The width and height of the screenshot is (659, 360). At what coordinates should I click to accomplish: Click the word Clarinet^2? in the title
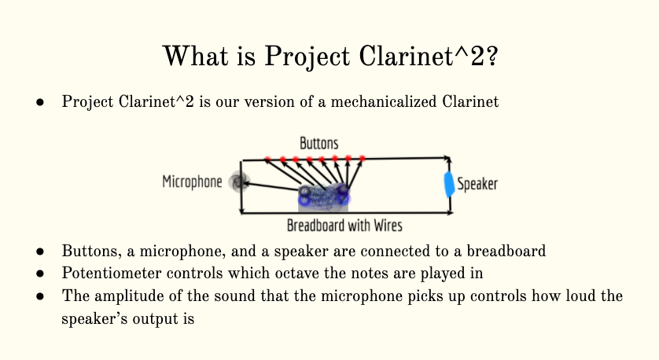[429, 56]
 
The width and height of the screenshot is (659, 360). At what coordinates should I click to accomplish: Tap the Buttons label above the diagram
[319, 143]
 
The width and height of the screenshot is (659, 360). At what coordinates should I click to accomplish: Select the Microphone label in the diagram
[192, 182]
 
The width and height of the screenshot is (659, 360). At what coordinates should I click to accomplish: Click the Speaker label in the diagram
[477, 184]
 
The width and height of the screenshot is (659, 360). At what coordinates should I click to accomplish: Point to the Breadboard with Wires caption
[344, 226]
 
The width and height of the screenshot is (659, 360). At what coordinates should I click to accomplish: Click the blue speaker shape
[449, 184]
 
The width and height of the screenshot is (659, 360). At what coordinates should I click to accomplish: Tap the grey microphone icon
[239, 182]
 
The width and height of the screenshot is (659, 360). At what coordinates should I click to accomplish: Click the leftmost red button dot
[267, 160]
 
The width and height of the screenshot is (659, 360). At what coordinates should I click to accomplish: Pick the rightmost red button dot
[363, 158]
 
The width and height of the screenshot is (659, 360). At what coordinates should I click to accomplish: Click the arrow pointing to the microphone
[271, 186]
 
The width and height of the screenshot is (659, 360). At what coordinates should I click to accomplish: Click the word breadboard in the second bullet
[506, 251]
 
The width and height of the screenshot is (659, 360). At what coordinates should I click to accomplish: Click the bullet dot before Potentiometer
[40, 274]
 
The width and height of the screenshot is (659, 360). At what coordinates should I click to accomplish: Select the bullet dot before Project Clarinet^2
[40, 102]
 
